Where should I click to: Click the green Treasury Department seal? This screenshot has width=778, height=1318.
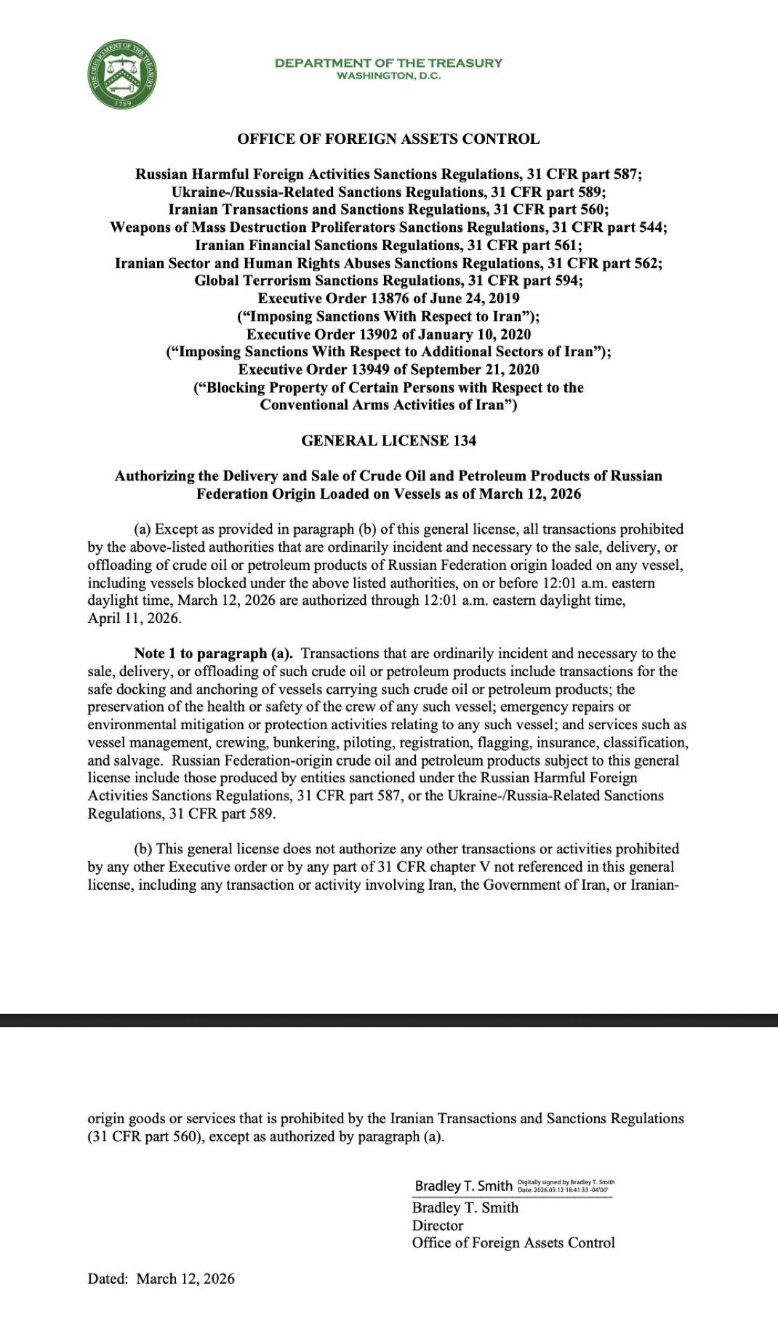tap(123, 74)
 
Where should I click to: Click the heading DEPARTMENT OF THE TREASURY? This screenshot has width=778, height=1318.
tap(388, 63)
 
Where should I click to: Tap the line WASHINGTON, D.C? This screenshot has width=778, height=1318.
tap(388, 76)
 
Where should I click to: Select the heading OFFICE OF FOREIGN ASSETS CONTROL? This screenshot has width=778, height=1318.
tap(388, 139)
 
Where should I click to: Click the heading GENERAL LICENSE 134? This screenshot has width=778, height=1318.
tap(388, 441)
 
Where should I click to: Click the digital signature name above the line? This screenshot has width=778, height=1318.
tap(463, 1186)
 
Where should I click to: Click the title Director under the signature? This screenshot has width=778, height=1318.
tap(438, 1225)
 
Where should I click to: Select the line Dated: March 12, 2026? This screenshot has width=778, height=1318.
tap(161, 1279)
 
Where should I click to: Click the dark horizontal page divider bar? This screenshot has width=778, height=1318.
tap(389, 1020)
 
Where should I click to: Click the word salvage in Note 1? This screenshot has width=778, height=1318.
tap(138, 760)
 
